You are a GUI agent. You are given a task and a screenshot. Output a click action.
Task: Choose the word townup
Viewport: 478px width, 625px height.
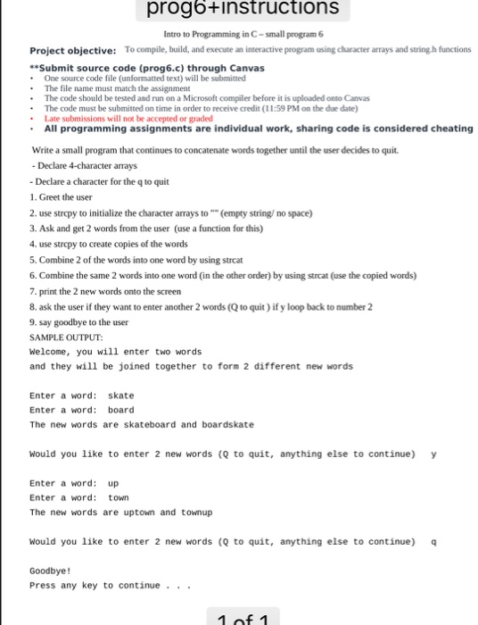195,512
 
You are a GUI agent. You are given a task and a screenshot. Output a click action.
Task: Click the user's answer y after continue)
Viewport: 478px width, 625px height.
433,454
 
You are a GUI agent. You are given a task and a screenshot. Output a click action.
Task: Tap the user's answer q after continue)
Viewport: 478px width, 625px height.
433,541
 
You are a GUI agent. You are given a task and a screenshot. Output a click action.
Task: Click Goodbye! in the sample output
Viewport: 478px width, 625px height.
50,571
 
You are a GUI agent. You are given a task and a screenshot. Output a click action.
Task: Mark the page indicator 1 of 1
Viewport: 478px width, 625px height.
243,617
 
